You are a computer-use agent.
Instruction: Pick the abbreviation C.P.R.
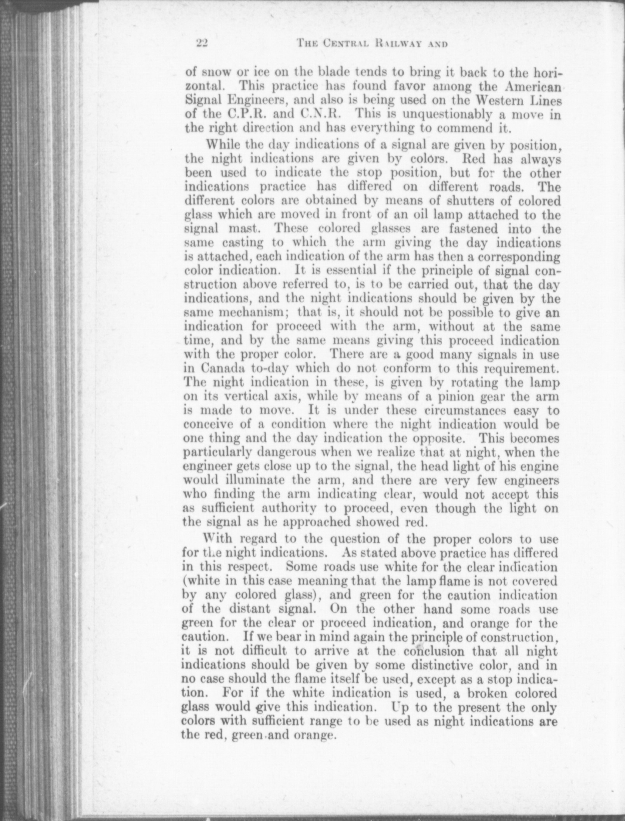pyautogui.click(x=226, y=115)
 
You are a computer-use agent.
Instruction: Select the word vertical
pyautogui.click(x=251, y=396)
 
